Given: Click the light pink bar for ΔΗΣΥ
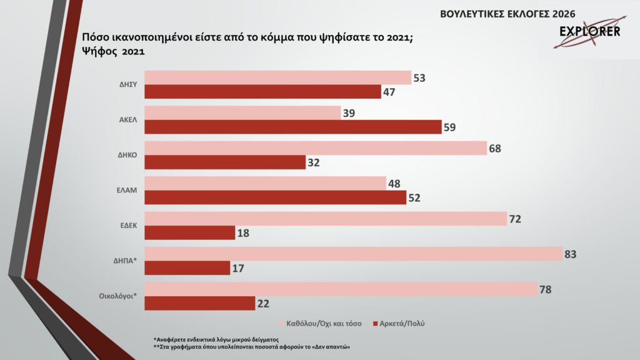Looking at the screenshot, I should tap(277, 77).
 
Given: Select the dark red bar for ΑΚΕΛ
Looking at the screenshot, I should tap(292, 127).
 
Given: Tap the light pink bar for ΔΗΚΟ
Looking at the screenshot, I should tap(316, 148).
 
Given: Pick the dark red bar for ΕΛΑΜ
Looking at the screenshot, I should tap(276, 197).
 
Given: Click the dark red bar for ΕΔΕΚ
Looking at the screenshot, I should tap(189, 232).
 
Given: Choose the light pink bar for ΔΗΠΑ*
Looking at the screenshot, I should tap(352, 254).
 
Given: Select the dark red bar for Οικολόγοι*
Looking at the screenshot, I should tap(199, 303).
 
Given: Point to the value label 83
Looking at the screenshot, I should tap(569, 254).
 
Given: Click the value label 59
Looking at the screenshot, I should tap(450, 127).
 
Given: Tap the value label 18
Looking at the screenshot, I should tap(244, 232).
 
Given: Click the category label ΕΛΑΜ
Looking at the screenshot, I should tap(126, 190).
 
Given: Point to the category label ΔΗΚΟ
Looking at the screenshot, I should tap(126, 155).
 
